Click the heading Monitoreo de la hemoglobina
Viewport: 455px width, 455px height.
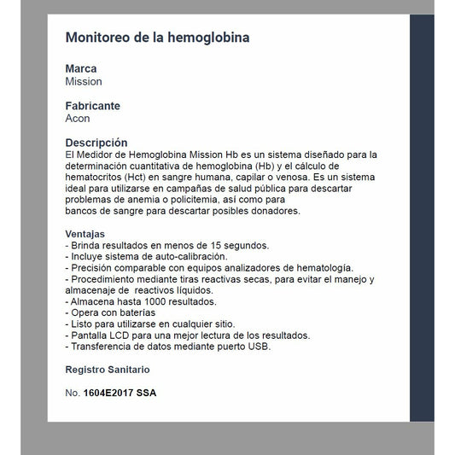tap(158, 38)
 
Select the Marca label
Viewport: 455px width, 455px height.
tap(81, 68)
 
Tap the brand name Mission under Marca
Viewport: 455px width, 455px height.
tap(84, 82)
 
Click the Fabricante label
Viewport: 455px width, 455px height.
tap(93, 106)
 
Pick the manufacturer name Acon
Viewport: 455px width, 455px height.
tap(78, 119)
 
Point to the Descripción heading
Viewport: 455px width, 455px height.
tap(96, 143)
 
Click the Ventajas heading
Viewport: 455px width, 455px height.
tap(85, 233)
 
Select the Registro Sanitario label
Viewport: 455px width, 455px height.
tap(108, 370)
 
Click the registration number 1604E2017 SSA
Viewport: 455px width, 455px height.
tap(120, 393)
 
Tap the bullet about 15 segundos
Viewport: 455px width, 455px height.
tap(167, 245)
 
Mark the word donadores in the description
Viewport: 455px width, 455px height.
tap(272, 211)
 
